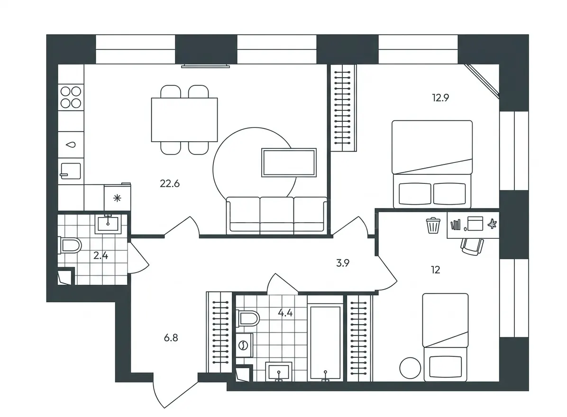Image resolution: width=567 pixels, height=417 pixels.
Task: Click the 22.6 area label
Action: [170, 183]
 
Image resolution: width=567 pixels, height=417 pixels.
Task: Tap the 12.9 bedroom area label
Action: [440, 98]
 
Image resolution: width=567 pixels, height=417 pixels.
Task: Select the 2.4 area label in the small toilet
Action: [101, 256]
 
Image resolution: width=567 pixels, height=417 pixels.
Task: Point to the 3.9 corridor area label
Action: [343, 263]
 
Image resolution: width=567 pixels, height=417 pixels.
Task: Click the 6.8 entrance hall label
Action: [171, 338]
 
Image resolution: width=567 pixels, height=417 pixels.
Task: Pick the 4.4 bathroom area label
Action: [285, 313]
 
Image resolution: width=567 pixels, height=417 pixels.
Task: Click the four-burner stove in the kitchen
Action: [71, 98]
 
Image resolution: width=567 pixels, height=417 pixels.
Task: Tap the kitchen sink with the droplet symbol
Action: [71, 145]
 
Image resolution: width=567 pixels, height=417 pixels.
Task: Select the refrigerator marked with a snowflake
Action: [117, 197]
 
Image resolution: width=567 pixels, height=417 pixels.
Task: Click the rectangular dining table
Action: [184, 119]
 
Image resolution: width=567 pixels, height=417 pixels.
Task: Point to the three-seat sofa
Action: [277, 215]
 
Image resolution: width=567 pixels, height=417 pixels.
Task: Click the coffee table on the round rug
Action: [289, 163]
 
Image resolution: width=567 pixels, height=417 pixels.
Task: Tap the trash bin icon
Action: [433, 226]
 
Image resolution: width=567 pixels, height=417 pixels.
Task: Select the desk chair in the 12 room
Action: [472, 247]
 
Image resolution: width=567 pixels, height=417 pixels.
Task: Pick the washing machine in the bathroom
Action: [244, 345]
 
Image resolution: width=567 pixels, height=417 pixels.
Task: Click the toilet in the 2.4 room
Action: [69, 245]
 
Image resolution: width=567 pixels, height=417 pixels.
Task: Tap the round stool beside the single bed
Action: [410, 368]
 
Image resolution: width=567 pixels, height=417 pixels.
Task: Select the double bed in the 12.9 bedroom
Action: [432, 164]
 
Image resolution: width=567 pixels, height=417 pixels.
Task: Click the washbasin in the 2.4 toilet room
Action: [108, 224]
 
